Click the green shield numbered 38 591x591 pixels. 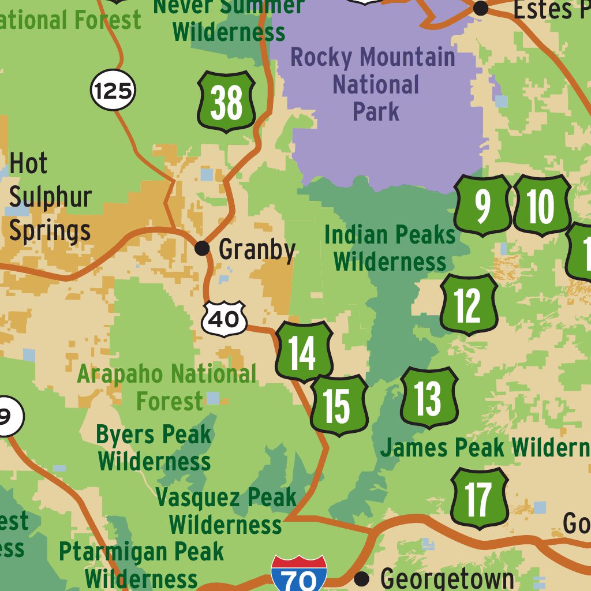[x=227, y=102]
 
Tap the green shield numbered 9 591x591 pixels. [x=482, y=205]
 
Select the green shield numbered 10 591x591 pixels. [x=541, y=205]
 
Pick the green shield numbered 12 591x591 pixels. [x=468, y=305]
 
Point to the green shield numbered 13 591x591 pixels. [x=429, y=398]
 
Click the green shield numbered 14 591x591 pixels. [x=304, y=352]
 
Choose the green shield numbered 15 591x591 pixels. [x=339, y=405]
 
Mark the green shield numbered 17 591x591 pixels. [x=478, y=499]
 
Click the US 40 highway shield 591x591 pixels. [x=224, y=318]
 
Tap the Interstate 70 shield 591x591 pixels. [x=299, y=574]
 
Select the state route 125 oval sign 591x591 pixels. [x=113, y=91]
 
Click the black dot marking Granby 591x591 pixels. [x=202, y=248]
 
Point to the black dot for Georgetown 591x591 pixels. [x=362, y=579]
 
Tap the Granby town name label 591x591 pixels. [x=257, y=250]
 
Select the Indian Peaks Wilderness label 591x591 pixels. [x=390, y=248]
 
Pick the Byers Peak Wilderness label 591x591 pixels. [x=154, y=448]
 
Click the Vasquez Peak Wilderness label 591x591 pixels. [x=226, y=511]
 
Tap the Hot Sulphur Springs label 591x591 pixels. [x=50, y=197]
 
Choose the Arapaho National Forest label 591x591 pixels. [x=167, y=387]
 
